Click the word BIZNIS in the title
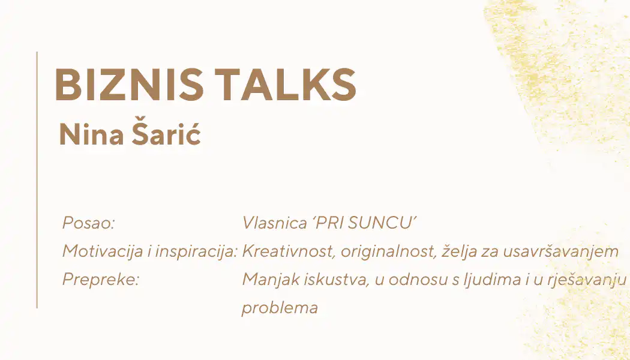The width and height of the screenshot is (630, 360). (x=129, y=85)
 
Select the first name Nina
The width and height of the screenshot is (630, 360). (x=91, y=134)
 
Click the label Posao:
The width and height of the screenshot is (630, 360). (x=89, y=223)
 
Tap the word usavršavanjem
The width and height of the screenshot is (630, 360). (x=560, y=251)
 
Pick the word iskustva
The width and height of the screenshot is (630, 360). (x=337, y=280)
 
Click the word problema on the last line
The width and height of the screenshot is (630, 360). (x=280, y=308)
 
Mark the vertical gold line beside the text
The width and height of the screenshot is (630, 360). (x=37, y=180)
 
